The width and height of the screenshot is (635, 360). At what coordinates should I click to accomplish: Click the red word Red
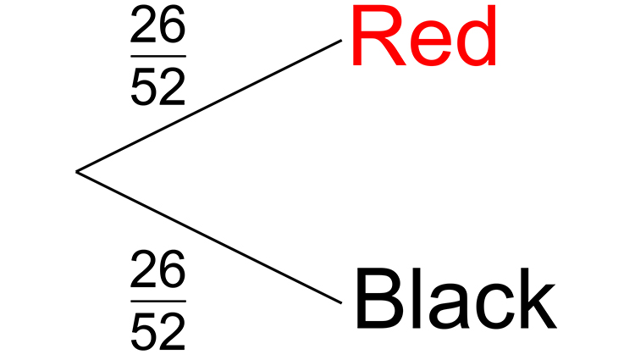422,40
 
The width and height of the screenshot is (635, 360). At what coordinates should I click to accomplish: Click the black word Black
455,301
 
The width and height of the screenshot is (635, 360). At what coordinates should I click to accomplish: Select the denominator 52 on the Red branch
157,86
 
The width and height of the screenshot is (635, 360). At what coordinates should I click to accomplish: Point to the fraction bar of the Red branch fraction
157,57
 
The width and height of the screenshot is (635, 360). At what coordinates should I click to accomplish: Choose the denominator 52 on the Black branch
157,331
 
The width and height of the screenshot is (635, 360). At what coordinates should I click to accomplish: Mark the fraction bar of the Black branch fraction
157,301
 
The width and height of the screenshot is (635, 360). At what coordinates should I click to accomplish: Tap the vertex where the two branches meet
77,172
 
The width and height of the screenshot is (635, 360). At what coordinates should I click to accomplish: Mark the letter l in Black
417,301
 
